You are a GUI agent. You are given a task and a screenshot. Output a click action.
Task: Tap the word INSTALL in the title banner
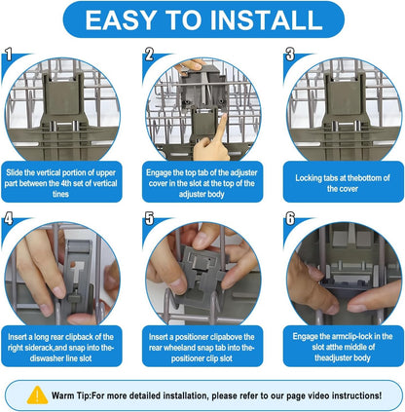tap(267, 20)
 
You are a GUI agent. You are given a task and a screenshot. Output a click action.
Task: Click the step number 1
tap(9, 55)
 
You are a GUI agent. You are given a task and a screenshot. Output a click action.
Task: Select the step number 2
tap(149, 55)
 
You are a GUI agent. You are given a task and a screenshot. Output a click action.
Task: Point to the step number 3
tap(290, 55)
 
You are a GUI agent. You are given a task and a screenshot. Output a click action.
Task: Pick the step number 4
tap(9, 219)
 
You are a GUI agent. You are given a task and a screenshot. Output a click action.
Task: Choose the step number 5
tap(149, 219)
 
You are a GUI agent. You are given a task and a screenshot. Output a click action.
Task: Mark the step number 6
tap(290, 219)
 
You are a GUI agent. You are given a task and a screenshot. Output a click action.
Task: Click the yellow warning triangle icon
tap(37, 395)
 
